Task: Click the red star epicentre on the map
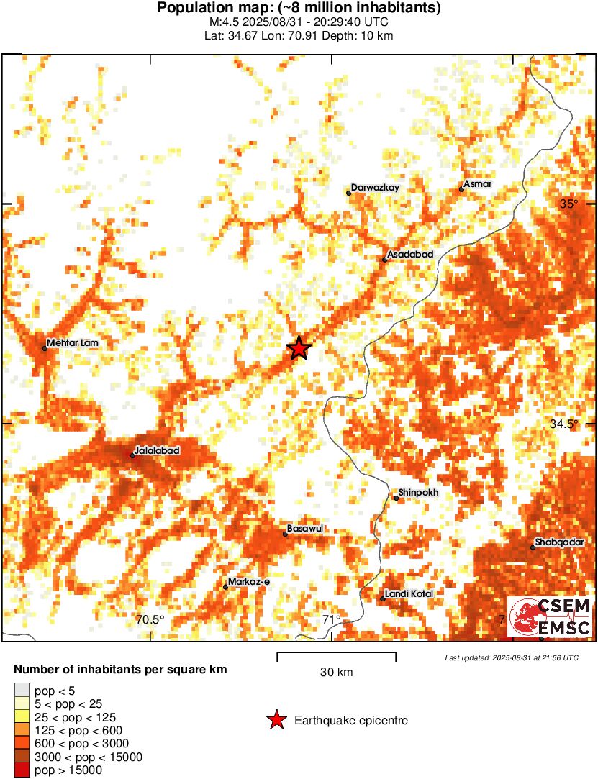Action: [299, 349]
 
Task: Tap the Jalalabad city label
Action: [156, 450]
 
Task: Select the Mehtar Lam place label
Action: [72, 343]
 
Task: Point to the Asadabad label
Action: [410, 255]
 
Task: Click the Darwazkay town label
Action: [375, 188]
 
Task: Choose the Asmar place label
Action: [478, 184]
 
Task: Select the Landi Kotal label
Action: [409, 593]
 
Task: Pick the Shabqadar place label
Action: [560, 542]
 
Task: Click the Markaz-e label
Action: [248, 581]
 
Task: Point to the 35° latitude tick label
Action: [569, 204]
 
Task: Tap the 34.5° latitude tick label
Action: [563, 424]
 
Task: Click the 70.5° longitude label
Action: [151, 620]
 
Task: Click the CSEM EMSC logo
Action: [551, 617]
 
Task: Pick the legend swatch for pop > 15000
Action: [22, 770]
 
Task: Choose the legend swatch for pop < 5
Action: [22, 691]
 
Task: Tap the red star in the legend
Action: [276, 720]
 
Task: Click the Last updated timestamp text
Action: [511, 657]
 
